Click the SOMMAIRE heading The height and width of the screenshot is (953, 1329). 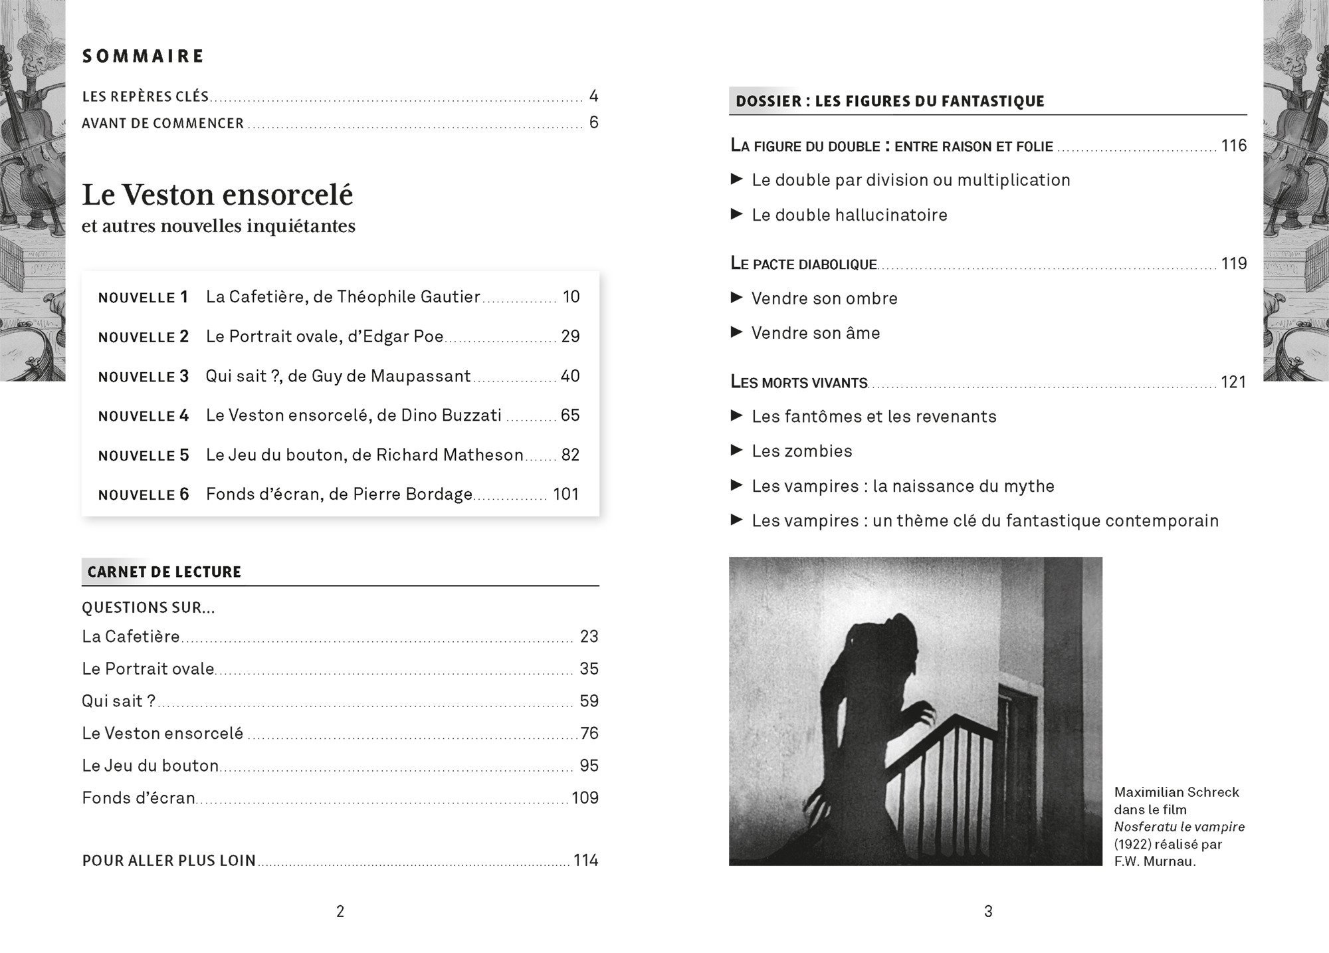tap(143, 56)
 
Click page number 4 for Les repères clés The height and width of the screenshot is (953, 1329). tap(593, 96)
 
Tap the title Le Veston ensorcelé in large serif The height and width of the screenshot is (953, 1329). tap(217, 195)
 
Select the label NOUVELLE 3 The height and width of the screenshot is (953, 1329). tap(144, 377)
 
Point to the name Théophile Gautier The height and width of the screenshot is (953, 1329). tap(408, 297)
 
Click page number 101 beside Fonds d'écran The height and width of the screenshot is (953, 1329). tap(566, 494)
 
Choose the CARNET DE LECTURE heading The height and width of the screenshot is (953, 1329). tap(164, 572)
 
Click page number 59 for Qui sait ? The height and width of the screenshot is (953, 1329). tap(589, 701)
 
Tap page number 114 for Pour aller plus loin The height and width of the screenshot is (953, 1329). tap(585, 861)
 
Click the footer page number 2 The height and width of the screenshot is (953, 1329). tap(340, 912)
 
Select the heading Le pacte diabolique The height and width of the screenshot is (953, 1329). tap(803, 264)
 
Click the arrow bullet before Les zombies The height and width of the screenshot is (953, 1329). tap(736, 451)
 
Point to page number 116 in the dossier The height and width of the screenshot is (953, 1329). tap(1233, 146)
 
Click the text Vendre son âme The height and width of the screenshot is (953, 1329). tap(815, 333)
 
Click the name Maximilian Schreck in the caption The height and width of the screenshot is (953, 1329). tap(1176, 792)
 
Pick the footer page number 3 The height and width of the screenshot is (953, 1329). tap(988, 912)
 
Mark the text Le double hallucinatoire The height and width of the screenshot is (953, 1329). tap(849, 215)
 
